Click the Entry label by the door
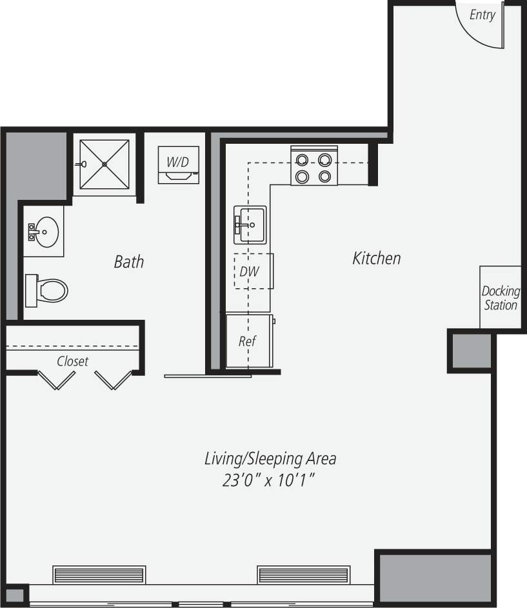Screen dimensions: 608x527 pos(482,15)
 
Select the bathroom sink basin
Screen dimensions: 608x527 pos(46,231)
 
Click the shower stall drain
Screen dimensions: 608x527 pos(104,164)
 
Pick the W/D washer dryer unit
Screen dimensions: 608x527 pos(179,165)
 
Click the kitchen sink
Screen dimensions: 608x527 pos(250,225)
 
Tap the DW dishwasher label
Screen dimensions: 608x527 pos(249,271)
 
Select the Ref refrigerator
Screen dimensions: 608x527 pos(248,341)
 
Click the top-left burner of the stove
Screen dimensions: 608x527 pos(302,160)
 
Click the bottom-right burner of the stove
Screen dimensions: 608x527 pos(324,176)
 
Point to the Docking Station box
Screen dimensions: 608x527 pos(501,297)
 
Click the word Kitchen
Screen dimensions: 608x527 pos(377,259)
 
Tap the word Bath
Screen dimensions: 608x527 pos(129,262)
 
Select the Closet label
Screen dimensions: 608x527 pos(72,362)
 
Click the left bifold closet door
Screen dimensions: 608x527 pos(57,380)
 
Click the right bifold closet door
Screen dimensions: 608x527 pos(114,380)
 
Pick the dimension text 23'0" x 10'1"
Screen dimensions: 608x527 pos(270,480)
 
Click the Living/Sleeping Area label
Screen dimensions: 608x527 pos(270,459)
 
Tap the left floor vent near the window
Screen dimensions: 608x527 pos(99,574)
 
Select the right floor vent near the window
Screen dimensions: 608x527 pos(304,574)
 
